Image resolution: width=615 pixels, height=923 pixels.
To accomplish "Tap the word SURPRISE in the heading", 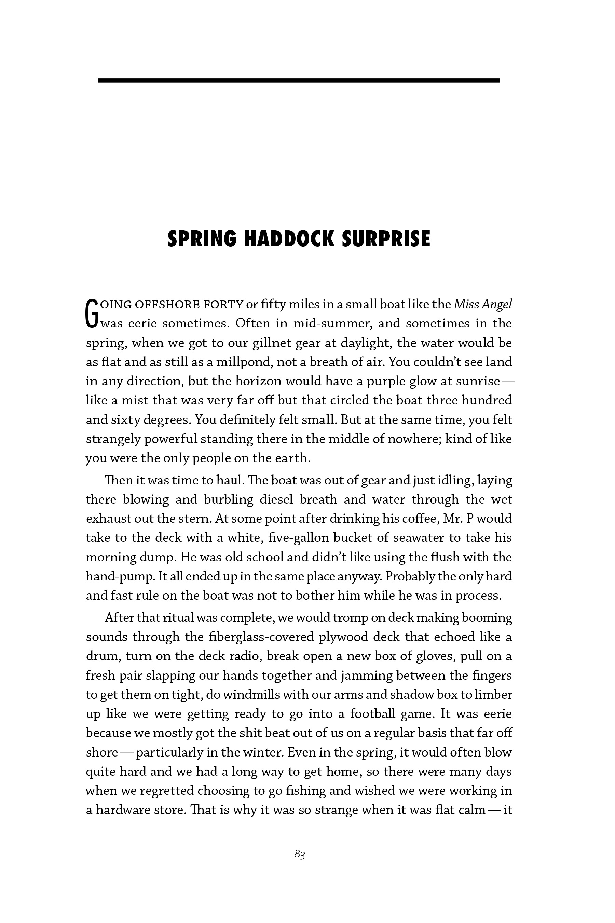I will point(386,239).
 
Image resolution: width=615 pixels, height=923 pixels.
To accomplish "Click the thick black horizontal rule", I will point(299,80).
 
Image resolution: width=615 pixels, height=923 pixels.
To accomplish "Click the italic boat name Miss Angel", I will point(483,304).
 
